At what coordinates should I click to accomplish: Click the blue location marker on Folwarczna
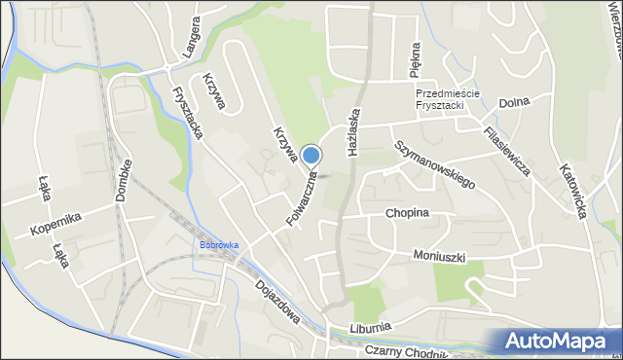[x=311, y=156]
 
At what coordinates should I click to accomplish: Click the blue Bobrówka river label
[x=219, y=244]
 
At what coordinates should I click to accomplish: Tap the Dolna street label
[x=513, y=102]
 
